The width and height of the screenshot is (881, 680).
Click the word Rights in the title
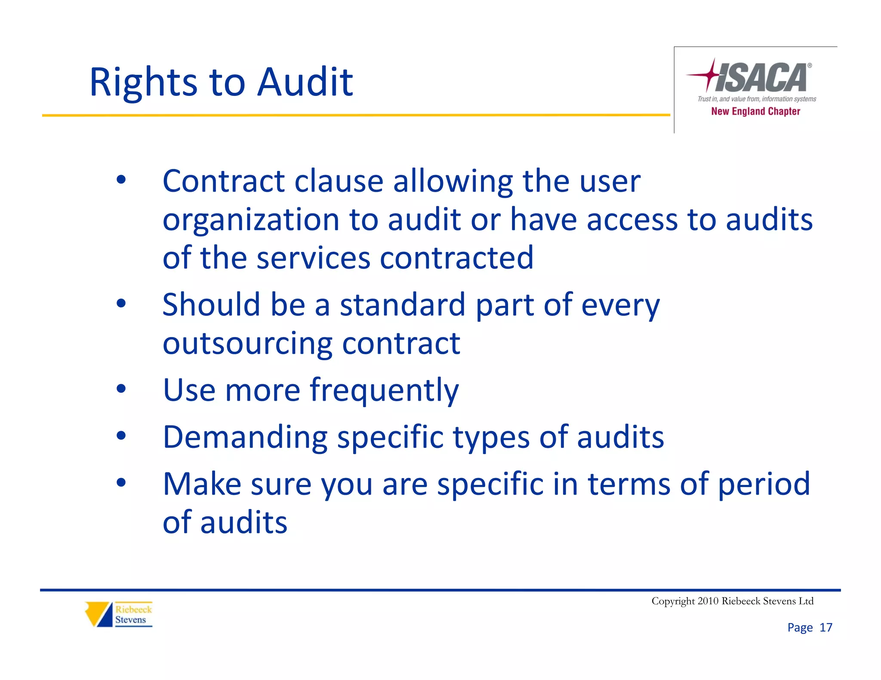(143, 83)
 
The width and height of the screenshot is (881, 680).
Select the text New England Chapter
(755, 111)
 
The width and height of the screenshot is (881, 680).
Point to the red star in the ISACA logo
(709, 75)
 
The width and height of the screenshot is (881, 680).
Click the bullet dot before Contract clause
(121, 180)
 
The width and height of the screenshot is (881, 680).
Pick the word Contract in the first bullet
(223, 181)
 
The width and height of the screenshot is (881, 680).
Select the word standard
(403, 304)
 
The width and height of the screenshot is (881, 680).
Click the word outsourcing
(247, 343)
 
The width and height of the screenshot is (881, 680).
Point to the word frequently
(384, 390)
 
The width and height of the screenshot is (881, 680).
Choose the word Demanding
(245, 437)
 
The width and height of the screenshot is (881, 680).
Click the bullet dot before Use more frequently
(121, 389)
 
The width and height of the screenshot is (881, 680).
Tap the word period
(764, 484)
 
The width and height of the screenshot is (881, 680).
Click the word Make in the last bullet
(202, 484)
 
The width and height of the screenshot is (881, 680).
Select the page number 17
(826, 628)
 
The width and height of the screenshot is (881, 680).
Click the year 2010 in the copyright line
(708, 601)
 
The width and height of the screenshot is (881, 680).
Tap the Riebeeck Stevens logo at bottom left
(119, 614)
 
